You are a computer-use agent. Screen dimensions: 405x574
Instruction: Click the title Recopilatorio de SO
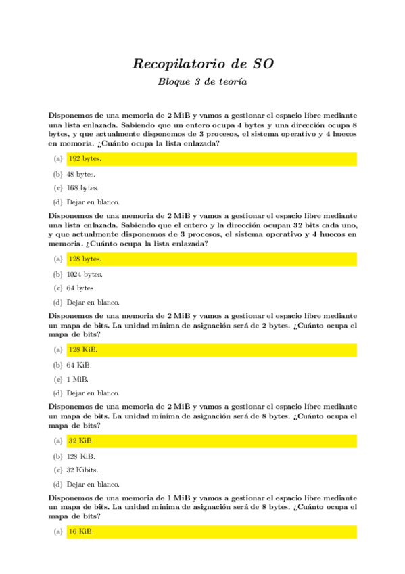[203, 64]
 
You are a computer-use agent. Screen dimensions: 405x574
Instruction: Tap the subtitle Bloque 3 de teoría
[203, 82]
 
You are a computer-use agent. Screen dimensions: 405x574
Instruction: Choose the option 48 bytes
[80, 174]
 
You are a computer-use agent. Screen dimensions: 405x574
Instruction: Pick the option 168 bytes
[82, 187]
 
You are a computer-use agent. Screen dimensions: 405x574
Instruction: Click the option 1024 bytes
[85, 274]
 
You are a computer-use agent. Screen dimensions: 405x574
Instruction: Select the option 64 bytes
[80, 288]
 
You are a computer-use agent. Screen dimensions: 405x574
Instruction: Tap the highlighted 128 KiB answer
[82, 349]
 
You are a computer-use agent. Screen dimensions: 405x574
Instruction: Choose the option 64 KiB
[80, 365]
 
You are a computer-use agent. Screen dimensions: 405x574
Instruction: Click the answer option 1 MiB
[78, 379]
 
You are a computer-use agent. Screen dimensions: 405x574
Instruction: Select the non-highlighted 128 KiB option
[81, 456]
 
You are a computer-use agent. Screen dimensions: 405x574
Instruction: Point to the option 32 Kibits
[83, 470]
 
